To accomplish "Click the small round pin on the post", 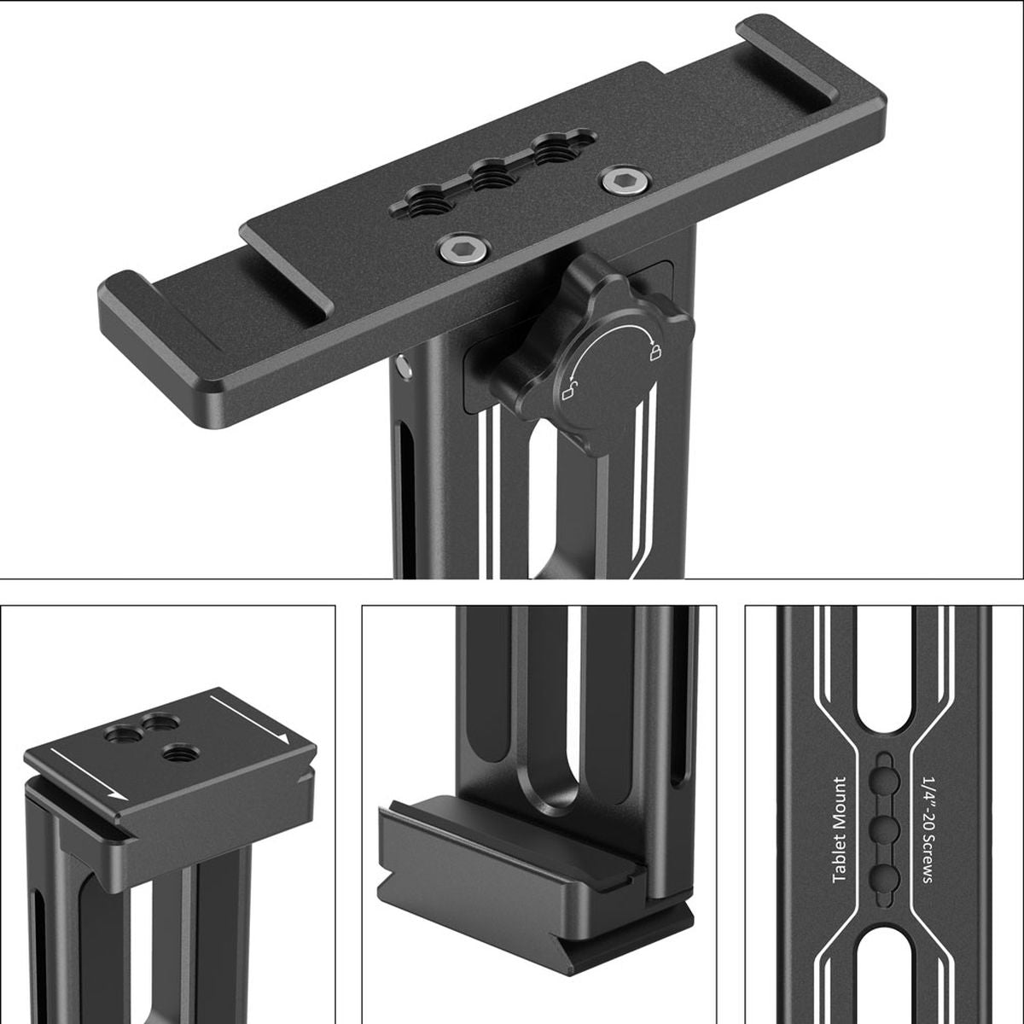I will point(403,366).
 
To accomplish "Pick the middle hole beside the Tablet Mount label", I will point(884,827).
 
